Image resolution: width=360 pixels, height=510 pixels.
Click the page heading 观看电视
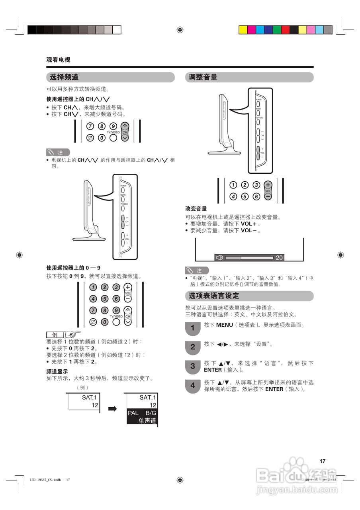coord(58,60)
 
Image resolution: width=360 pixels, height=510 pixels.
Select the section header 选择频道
coord(64,77)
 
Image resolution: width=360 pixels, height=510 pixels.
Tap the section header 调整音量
coord(203,77)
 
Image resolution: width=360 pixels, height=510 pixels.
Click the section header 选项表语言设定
coord(214,296)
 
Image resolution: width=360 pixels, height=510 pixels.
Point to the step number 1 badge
coord(193,328)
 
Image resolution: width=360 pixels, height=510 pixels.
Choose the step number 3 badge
coord(193,367)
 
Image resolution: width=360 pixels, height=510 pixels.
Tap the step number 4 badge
coord(193,386)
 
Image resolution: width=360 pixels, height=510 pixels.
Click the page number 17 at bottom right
coord(323,461)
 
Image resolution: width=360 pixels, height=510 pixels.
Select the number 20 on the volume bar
coord(279,258)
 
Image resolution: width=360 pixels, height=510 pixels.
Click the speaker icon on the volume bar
coord(219,257)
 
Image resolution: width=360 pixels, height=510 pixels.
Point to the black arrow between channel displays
coord(112,409)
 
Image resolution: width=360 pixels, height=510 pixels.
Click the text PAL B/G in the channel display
coord(142,413)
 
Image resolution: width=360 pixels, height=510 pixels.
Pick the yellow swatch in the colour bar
coord(243,30)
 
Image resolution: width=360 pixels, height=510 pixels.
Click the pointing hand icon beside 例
coord(73,334)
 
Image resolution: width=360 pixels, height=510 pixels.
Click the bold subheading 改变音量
coord(196,209)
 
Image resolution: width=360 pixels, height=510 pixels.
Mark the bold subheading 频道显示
coord(57,371)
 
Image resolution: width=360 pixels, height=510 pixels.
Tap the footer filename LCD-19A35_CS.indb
coord(45,480)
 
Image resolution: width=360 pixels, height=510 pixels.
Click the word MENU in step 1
coord(224,325)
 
